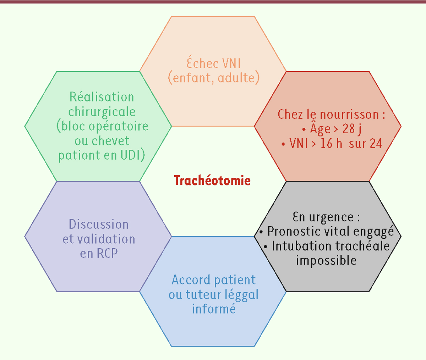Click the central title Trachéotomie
[x=212, y=180]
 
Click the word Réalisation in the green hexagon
[x=102, y=96]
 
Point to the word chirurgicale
[x=102, y=112]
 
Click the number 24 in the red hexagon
[x=376, y=143]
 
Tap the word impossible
[x=327, y=261]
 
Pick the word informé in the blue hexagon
[x=214, y=309]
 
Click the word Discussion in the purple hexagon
[x=99, y=224]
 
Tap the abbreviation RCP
[x=107, y=253]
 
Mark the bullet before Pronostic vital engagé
[x=261, y=232]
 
